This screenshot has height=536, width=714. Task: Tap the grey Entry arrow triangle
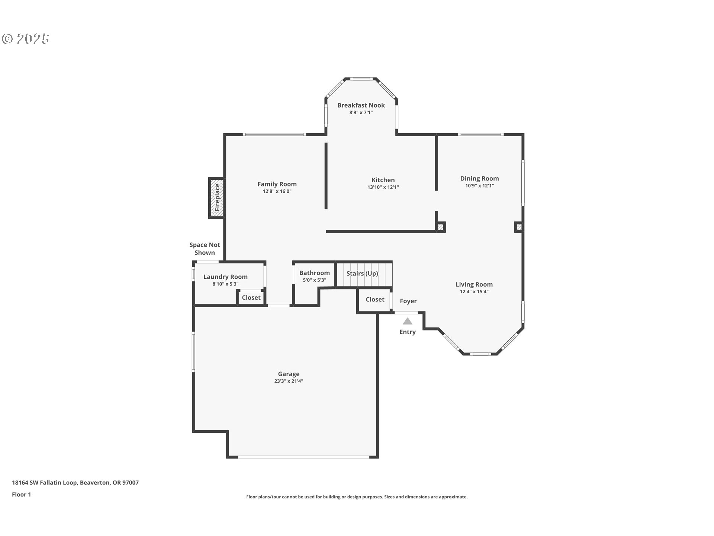click(408, 321)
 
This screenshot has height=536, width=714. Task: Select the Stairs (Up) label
click(362, 274)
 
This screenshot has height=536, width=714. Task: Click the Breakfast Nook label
click(361, 105)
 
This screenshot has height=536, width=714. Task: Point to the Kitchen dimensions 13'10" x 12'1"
click(383, 187)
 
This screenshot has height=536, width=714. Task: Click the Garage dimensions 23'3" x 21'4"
click(289, 381)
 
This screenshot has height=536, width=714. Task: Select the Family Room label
click(277, 184)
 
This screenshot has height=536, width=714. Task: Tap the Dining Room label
click(479, 179)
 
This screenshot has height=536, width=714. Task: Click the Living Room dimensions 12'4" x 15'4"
click(474, 292)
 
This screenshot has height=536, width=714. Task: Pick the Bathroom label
click(314, 273)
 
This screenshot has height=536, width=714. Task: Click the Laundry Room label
click(225, 277)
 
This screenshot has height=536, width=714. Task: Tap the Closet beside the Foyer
click(375, 300)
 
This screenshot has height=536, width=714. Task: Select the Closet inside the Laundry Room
click(251, 298)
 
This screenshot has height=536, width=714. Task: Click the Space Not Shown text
click(205, 249)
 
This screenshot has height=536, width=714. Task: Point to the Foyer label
click(408, 301)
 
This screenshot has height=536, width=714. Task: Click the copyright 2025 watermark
click(26, 39)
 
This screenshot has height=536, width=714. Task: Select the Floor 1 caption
click(22, 494)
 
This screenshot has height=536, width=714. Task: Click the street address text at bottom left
click(75, 482)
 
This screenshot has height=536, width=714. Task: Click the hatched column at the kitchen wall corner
click(440, 227)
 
